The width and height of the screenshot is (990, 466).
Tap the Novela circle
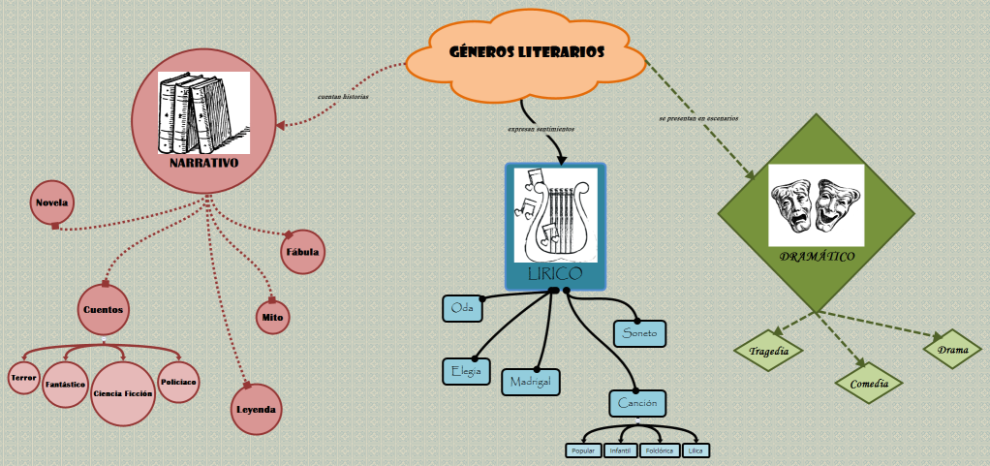point(51,202)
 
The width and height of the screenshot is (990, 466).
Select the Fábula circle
point(302,252)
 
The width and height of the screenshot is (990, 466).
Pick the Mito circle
point(272,316)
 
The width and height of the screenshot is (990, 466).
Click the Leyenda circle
point(256,409)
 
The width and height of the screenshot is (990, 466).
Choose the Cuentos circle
point(104,310)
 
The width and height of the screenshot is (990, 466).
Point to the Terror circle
point(23,376)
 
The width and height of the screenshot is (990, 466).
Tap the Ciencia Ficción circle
point(123,394)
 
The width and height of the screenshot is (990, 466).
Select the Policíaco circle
point(179,382)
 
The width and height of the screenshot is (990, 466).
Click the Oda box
point(461,308)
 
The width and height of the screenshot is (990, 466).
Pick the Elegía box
point(466,371)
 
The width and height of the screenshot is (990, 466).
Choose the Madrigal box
point(531,382)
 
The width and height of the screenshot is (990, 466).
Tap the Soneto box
point(639,333)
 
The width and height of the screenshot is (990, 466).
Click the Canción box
point(638,402)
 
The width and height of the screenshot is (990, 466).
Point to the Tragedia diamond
point(768,351)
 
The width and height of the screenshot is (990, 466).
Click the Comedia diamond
point(869,384)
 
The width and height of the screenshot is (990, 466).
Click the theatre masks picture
point(816,205)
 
